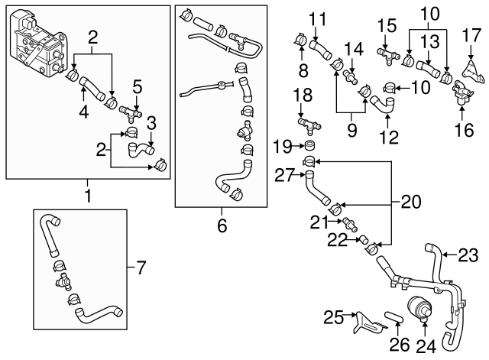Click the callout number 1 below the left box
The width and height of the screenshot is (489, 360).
point(87,196)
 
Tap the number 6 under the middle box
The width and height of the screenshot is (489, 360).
point(222,226)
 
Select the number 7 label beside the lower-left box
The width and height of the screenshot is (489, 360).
point(141,268)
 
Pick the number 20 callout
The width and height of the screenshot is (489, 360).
point(412,203)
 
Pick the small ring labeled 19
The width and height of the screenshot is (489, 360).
point(311,145)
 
